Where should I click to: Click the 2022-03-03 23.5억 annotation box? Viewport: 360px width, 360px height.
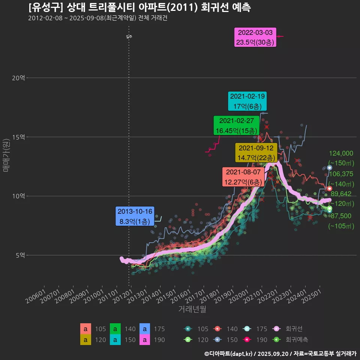255,37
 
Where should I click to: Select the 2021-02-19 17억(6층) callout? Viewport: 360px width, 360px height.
247,101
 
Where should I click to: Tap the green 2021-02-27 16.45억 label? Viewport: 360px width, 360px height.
236,126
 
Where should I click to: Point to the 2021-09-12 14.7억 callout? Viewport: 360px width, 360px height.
256,153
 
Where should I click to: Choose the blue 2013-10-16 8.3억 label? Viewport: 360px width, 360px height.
135,216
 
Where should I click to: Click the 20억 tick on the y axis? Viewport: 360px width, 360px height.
18,78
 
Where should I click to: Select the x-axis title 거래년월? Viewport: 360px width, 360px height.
192,309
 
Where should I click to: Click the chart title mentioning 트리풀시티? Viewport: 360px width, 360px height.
139,7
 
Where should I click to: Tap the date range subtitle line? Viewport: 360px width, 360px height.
97,18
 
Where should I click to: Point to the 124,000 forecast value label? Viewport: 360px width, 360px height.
341,153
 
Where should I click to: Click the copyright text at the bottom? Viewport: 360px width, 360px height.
280,353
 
